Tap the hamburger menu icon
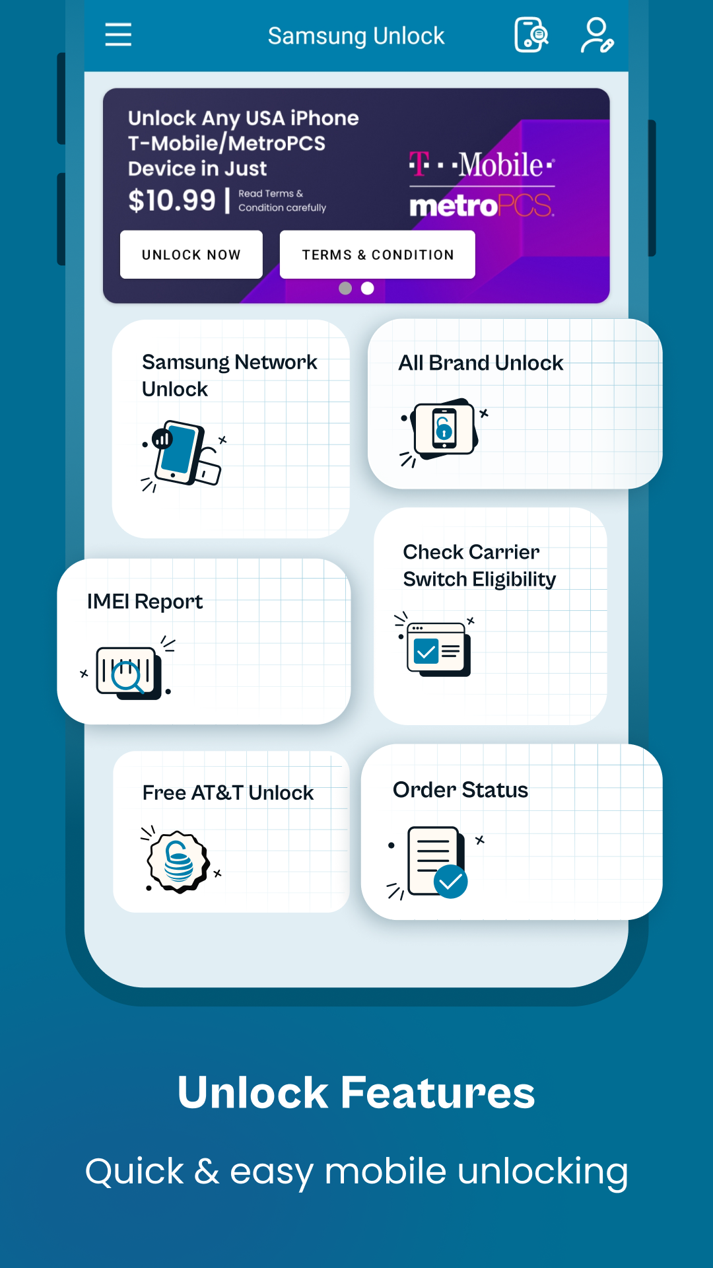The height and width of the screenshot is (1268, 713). click(118, 34)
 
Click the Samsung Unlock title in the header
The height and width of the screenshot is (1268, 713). click(356, 36)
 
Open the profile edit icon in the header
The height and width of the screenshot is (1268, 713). click(597, 35)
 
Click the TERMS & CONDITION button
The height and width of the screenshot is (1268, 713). click(378, 255)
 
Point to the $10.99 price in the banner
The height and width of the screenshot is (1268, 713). click(172, 200)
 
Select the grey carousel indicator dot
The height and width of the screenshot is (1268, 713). click(345, 288)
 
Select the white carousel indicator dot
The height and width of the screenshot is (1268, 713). click(368, 288)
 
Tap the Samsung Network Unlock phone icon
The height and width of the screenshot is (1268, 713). click(184, 454)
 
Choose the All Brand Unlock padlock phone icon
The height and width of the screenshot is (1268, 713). click(444, 429)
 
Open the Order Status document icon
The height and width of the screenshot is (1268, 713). click(436, 862)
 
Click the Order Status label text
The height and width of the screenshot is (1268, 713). click(460, 790)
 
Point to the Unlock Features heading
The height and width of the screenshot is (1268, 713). click(356, 1092)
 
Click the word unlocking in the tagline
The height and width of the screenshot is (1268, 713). click(543, 1172)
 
